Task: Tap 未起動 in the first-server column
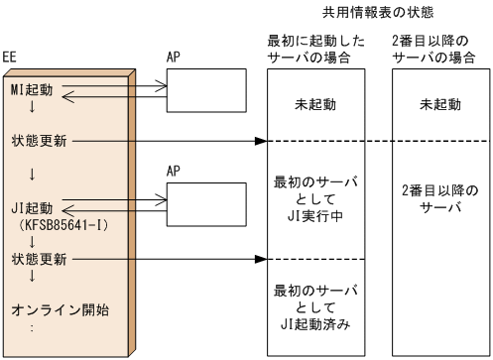pyautogui.click(x=317, y=103)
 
